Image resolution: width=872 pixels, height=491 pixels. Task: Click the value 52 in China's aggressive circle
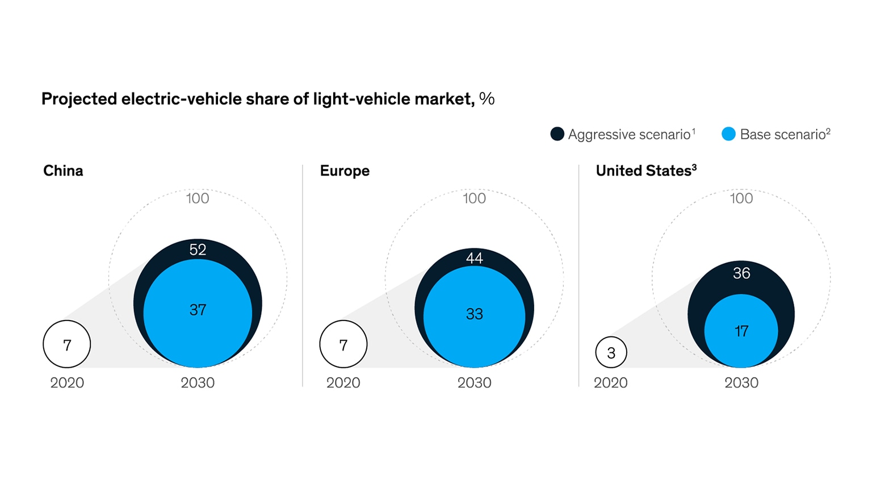point(198,249)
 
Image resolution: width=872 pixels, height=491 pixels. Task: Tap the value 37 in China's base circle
point(198,310)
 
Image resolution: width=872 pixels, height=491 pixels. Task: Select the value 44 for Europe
point(474,258)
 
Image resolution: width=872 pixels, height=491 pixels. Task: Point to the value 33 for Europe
point(474,314)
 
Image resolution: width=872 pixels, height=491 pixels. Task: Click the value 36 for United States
point(741,273)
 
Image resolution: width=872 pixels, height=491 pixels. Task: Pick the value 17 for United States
point(741,331)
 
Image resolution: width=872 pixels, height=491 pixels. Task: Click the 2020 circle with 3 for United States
point(611,352)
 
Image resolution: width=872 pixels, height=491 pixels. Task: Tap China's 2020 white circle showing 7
point(67,344)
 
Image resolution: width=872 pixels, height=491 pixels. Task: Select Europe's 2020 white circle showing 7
point(343,344)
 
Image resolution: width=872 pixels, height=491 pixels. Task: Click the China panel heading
point(63,170)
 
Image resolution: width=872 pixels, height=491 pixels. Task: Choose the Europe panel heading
point(345,170)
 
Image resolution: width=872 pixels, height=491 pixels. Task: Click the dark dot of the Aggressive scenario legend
point(557,134)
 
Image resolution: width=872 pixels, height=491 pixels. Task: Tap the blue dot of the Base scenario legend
point(728,134)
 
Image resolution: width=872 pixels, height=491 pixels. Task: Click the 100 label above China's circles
point(198,198)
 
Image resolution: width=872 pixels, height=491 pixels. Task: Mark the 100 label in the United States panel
point(741,198)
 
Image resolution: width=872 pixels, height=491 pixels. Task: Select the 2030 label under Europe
point(474,382)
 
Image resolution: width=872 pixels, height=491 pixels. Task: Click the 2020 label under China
point(67,382)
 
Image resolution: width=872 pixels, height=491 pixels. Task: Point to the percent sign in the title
point(487,99)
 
